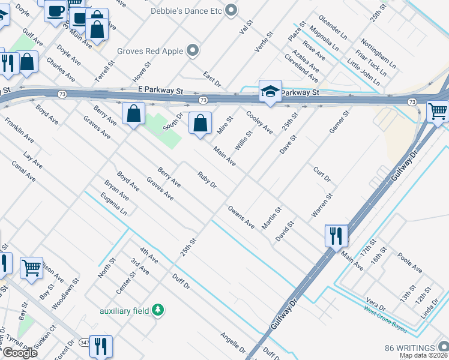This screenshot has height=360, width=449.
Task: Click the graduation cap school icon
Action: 270,92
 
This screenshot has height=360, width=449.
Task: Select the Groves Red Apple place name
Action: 150,51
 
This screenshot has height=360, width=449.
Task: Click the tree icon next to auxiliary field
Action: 158,310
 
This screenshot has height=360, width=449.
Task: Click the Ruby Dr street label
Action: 206,180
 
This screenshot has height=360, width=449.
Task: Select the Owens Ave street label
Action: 241,217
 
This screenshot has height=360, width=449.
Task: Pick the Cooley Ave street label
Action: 259,122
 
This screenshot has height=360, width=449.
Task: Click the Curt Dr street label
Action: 322,175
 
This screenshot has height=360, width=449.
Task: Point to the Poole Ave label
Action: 410,262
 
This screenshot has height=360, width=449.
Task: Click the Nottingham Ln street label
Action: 379,55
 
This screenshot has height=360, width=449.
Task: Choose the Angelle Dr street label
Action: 233,343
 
